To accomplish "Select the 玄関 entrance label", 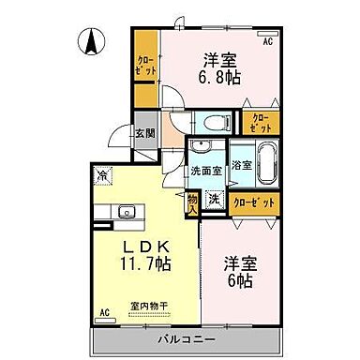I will (x=143, y=133).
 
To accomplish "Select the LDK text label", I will (x=142, y=248).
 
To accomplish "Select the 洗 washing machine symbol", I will (x=214, y=199).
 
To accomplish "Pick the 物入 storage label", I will (x=192, y=202).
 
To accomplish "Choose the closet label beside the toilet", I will (x=259, y=122).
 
